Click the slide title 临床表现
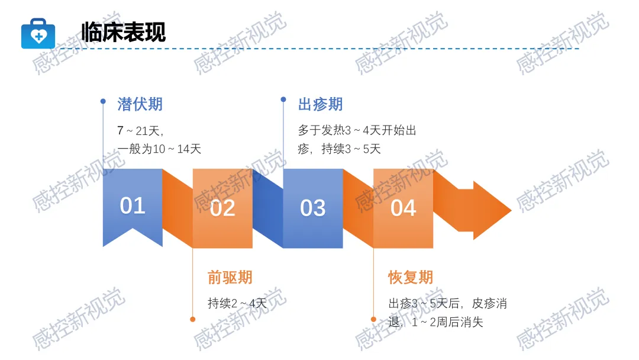(x=124, y=32)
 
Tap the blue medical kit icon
(x=38, y=34)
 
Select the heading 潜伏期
(x=140, y=105)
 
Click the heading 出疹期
(x=320, y=105)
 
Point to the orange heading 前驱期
(x=230, y=277)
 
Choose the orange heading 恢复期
(x=411, y=277)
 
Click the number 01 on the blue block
(x=133, y=205)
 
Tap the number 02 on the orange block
(x=222, y=208)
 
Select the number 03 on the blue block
(x=312, y=208)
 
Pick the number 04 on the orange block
(x=403, y=208)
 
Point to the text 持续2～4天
(x=237, y=304)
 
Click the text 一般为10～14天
(x=160, y=149)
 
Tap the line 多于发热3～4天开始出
(x=357, y=130)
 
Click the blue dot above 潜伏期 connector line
(x=103, y=101)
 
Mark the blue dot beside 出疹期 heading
(x=283, y=99)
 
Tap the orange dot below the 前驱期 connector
(x=193, y=319)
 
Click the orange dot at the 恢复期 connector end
(x=373, y=319)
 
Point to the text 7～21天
(x=140, y=130)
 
